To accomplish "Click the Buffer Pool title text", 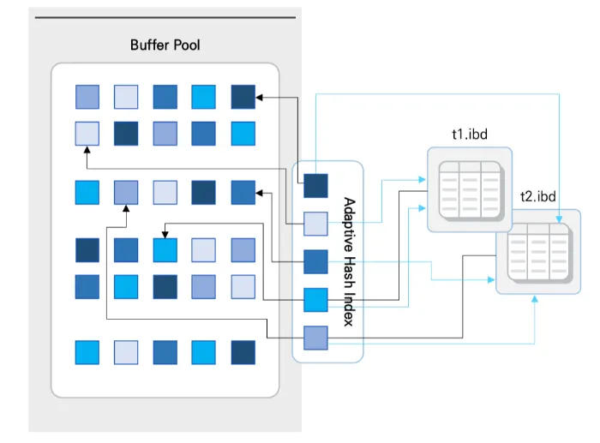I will click(165, 45).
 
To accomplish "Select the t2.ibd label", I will click(537, 196).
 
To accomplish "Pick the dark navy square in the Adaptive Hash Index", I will click(316, 183).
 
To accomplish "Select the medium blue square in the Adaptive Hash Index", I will click(316, 260).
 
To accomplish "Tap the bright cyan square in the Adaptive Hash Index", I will click(316, 299).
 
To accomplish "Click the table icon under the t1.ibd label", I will click(468, 189).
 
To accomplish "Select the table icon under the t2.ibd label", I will click(538, 252).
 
